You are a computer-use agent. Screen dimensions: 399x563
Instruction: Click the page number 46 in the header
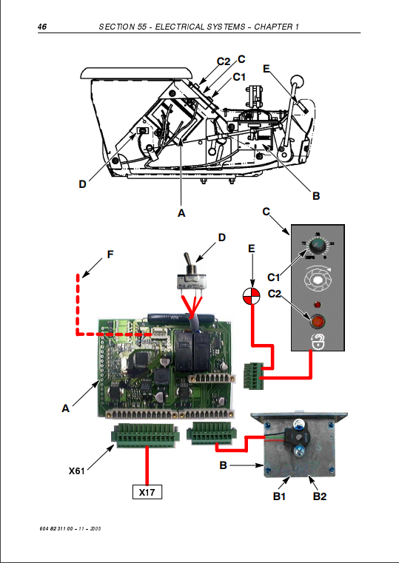42,27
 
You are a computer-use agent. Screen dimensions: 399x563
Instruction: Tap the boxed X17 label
147,492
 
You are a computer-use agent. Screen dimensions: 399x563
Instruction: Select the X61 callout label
77,471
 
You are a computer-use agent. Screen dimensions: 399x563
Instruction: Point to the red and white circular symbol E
252,297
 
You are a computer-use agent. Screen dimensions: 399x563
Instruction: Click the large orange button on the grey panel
317,321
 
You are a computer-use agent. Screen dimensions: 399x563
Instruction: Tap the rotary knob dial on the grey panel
318,246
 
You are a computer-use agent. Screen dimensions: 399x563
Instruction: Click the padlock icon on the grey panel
318,342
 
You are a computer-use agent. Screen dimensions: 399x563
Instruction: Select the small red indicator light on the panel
317,306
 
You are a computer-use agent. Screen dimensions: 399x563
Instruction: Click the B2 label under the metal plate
320,496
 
